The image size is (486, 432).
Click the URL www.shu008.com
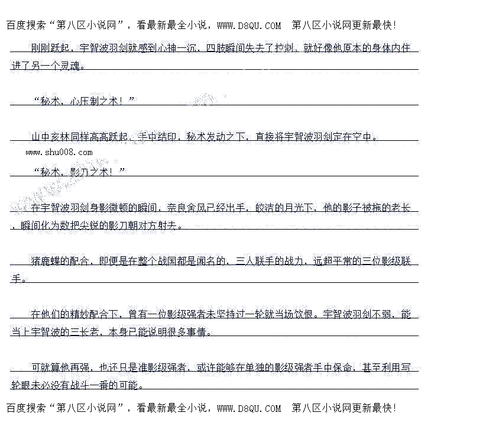[59, 152]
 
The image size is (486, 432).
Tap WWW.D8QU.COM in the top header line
[249, 25]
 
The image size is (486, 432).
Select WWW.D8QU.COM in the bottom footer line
[249, 408]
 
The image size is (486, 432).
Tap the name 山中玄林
[51, 137]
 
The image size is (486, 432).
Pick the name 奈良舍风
[186, 208]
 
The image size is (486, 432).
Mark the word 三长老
[85, 332]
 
